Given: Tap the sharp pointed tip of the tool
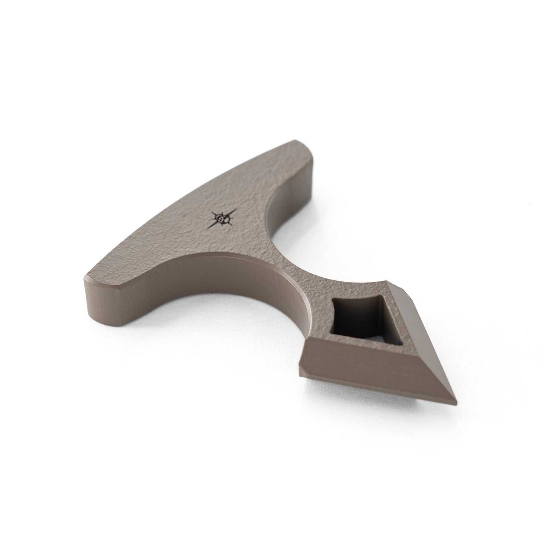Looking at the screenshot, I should (454, 399).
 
